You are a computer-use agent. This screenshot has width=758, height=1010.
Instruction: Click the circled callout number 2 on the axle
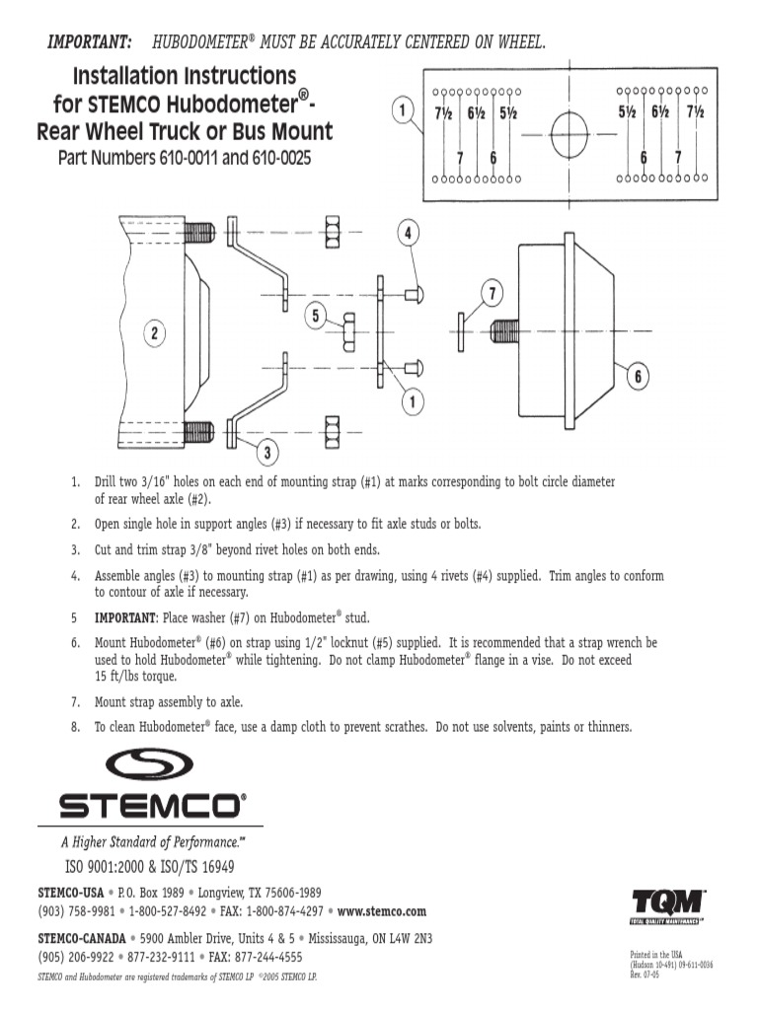(154, 333)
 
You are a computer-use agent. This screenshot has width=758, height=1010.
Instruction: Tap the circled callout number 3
(266, 453)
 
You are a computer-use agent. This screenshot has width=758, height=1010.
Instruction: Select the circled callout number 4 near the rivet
(408, 234)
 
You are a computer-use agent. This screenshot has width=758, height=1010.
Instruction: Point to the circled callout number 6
(638, 377)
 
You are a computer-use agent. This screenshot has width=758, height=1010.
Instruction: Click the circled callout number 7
(493, 293)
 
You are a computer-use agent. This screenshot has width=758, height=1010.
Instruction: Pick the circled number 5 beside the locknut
(316, 316)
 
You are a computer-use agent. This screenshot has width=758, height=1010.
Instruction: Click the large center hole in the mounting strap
(568, 133)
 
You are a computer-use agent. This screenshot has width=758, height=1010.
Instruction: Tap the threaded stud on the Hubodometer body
(503, 331)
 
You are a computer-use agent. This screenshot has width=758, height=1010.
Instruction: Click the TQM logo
(668, 902)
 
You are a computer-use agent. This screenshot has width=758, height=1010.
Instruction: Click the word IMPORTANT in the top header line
(91, 41)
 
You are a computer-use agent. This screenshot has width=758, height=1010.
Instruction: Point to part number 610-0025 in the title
(277, 158)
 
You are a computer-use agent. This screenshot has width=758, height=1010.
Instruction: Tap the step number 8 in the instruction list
(75, 727)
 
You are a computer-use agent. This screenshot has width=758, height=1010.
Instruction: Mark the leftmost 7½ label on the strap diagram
(443, 113)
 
